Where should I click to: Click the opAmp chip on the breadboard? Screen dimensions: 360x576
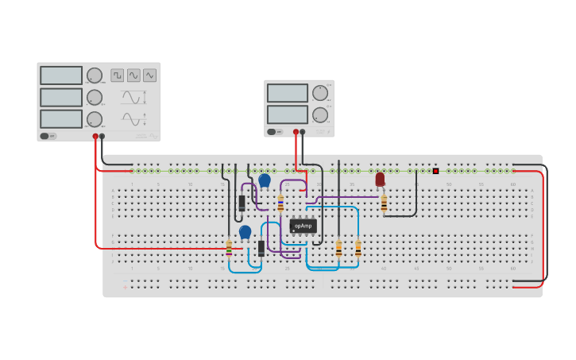[303, 226]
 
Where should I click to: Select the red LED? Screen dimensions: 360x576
[380, 180]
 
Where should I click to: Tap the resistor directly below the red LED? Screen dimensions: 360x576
[384, 204]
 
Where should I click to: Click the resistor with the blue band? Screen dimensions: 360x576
[280, 203]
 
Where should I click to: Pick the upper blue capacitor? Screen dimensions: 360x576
[264, 180]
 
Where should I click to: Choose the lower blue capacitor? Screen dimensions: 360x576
[245, 231]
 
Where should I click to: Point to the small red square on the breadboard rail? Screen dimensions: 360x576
[435, 171]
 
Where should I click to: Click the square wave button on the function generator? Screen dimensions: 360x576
[118, 75]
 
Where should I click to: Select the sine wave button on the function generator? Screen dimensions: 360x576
[133, 75]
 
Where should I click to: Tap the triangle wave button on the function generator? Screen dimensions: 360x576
[149, 75]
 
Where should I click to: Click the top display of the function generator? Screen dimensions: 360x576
[61, 75]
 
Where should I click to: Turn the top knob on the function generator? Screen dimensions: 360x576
[95, 75]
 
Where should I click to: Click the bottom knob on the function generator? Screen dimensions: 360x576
[95, 119]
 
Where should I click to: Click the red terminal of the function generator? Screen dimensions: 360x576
[95, 136]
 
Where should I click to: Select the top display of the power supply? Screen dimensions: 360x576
[287, 94]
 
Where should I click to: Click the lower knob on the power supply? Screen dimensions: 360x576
[319, 114]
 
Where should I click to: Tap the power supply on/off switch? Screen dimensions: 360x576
[273, 132]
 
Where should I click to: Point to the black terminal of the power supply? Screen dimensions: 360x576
[302, 132]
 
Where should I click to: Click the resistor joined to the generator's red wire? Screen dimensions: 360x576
[229, 249]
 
